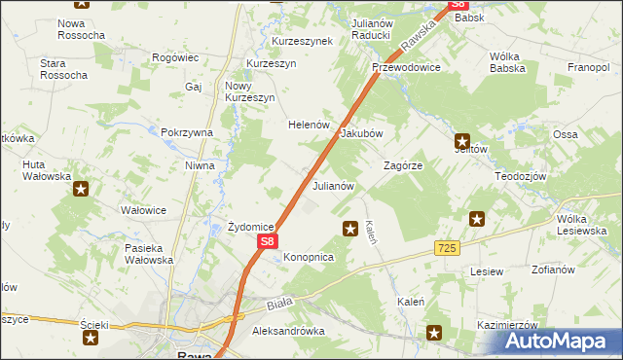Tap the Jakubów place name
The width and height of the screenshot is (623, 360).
tap(361, 134)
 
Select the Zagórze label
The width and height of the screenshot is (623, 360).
tap(403, 165)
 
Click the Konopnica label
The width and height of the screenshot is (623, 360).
tap(309, 257)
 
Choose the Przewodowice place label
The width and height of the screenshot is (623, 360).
tap(406, 67)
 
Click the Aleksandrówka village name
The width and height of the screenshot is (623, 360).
tap(287, 331)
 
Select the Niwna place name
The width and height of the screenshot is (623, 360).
tap(200, 165)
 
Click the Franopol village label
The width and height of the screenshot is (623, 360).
tap(589, 67)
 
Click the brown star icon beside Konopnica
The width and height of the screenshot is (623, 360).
tap(349, 228)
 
